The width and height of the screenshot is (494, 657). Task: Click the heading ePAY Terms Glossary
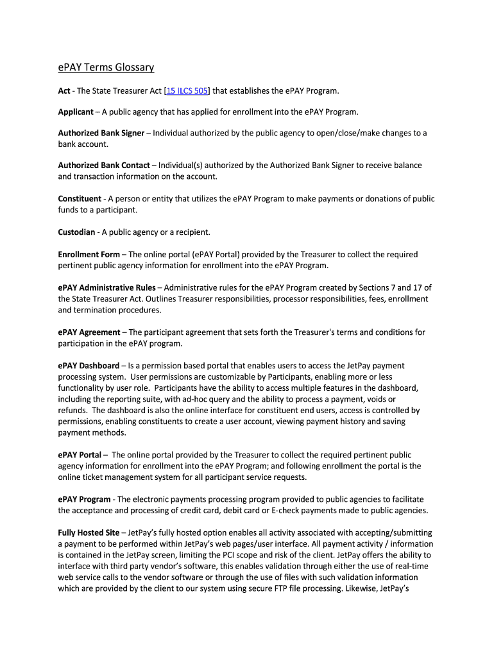tap(106, 67)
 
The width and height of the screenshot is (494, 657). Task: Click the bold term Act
tap(64, 91)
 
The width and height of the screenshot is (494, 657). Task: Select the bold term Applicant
tap(76, 112)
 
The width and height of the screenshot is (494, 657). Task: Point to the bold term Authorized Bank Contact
tap(104, 166)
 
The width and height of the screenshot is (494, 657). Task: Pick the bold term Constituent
tap(80, 199)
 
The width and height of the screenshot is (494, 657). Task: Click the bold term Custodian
tap(76, 232)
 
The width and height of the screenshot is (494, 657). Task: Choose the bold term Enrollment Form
tap(89, 255)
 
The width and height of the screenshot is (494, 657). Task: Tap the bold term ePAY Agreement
tap(89, 332)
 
